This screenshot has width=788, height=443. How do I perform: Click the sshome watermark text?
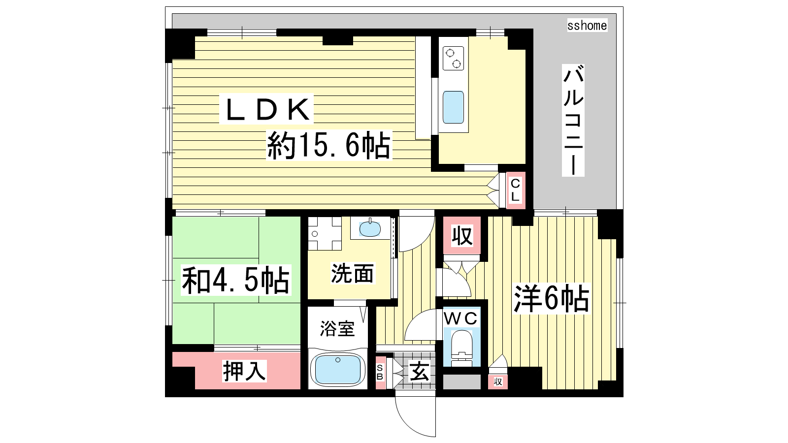[x=587, y=25]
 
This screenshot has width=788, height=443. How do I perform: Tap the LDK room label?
[x=266, y=109]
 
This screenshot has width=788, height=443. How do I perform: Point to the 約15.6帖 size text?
[x=328, y=145]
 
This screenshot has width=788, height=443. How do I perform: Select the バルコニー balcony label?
[x=573, y=120]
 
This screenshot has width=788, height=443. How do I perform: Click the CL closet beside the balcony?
[x=515, y=190]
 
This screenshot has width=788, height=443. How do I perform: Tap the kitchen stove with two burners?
[x=453, y=59]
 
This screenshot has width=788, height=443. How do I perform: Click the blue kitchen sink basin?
[x=453, y=107]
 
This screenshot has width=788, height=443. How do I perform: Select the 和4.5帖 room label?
[x=236, y=280]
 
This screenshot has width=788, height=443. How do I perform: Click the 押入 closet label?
[x=244, y=371]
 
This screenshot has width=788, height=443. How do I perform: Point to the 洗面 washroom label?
[x=352, y=273]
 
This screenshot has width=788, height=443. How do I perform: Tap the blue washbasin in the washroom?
[x=370, y=228]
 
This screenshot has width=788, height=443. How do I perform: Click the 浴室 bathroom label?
[x=337, y=329]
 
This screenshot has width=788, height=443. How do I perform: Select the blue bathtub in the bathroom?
[x=338, y=370]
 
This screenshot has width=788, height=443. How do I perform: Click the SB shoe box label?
[x=380, y=372]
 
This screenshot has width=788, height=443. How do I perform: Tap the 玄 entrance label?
[x=419, y=372]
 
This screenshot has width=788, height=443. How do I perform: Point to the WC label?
[x=460, y=318]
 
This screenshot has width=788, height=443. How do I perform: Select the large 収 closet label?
[x=462, y=236]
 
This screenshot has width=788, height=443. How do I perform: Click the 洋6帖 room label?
[x=551, y=299]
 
